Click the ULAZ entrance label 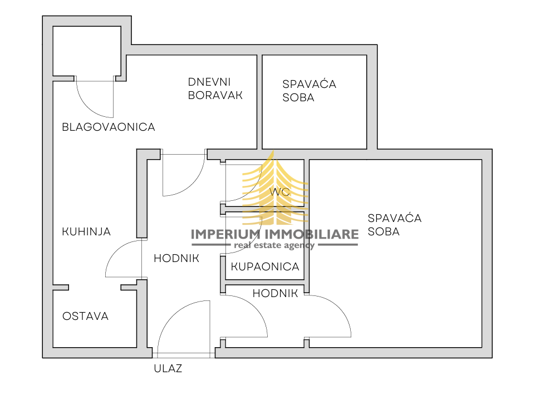click(x=168, y=368)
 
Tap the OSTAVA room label click(x=85, y=316)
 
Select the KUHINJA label click(x=86, y=231)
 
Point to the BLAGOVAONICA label click(x=108, y=127)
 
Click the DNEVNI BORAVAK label click(x=215, y=88)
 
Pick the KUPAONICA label click(x=265, y=267)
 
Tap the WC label click(x=279, y=191)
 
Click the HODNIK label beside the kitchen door click(x=176, y=258)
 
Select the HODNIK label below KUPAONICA click(x=275, y=293)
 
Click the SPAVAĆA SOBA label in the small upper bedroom click(x=309, y=91)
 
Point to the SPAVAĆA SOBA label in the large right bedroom click(x=394, y=225)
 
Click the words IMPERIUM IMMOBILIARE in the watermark click(x=274, y=235)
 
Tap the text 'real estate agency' click(x=274, y=245)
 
